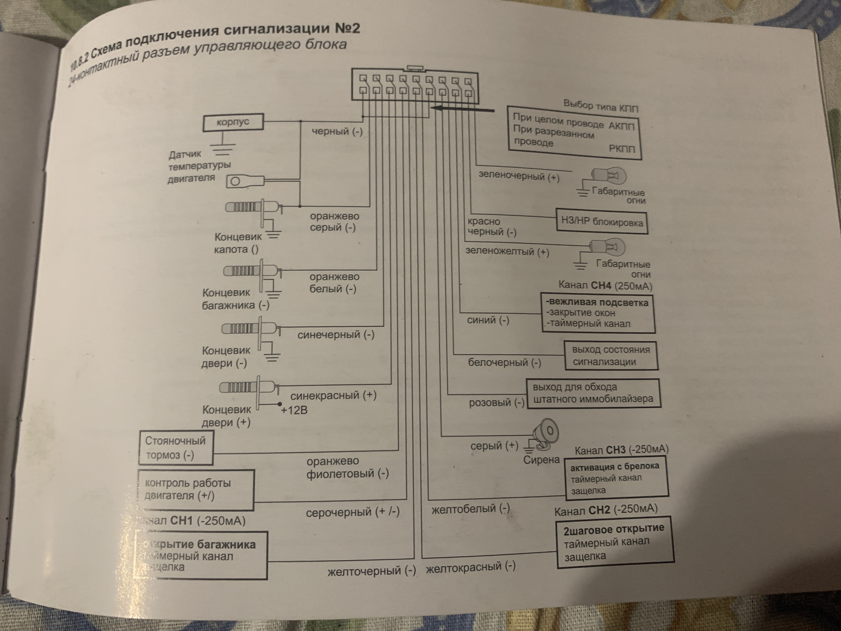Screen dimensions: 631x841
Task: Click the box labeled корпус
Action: coord(233,122)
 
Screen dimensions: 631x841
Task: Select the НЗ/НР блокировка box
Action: coord(602,222)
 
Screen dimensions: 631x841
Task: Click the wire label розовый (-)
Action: coord(496,402)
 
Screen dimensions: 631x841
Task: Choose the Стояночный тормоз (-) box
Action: coord(176,448)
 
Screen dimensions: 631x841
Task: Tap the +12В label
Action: coord(294,411)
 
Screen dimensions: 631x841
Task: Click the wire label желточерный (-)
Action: coord(371,571)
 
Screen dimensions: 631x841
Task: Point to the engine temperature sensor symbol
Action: coord(245,181)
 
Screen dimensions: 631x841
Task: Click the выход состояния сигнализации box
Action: coord(611,356)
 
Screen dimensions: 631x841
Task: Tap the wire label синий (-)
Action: coord(488,320)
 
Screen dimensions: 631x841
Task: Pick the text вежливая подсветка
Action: coord(597,302)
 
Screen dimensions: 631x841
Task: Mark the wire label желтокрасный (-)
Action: coord(470,567)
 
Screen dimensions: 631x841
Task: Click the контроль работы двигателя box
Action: coord(196,489)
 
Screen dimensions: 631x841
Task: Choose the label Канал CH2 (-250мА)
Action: coord(606,510)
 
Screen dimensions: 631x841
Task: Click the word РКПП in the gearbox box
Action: coord(622,149)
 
